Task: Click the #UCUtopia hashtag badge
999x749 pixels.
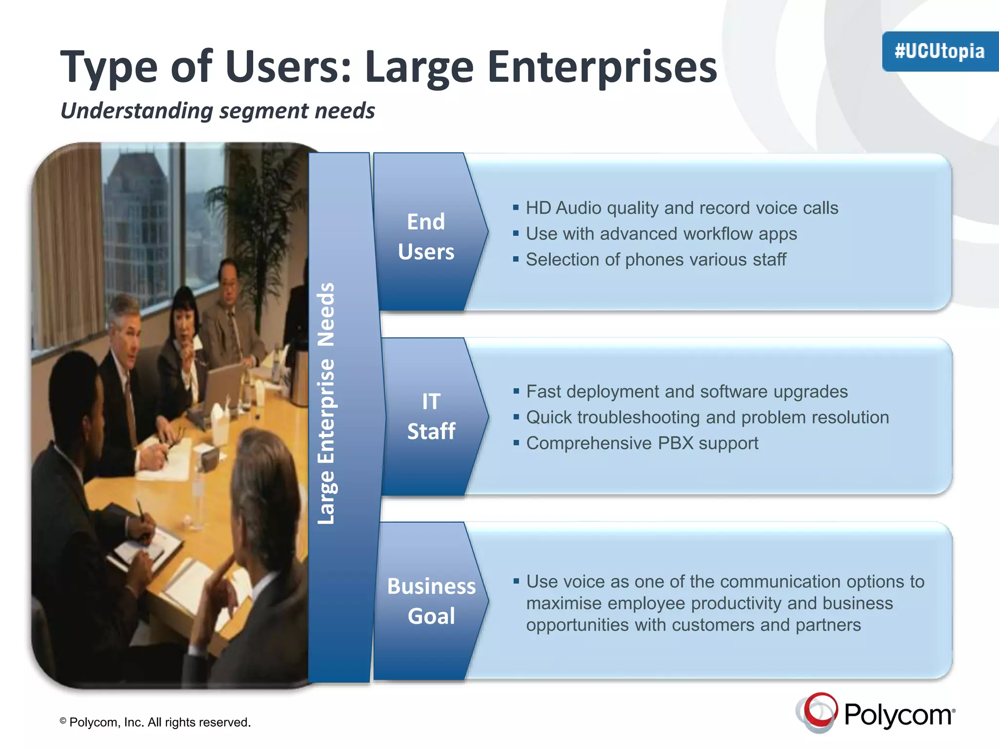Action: pyautogui.click(x=939, y=51)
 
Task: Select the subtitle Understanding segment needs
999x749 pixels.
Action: pyautogui.click(x=218, y=111)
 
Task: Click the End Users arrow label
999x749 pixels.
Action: pyautogui.click(x=426, y=237)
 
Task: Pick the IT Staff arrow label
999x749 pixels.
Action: pyautogui.click(x=431, y=416)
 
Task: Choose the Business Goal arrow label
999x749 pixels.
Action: pyautogui.click(x=431, y=601)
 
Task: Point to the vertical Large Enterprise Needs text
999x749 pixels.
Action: pyautogui.click(x=326, y=404)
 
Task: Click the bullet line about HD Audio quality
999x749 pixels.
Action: pyautogui.click(x=682, y=208)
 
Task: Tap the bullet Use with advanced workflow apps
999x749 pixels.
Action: pyautogui.click(x=661, y=234)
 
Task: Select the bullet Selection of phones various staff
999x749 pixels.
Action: pyautogui.click(x=656, y=260)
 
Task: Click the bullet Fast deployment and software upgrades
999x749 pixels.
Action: pyautogui.click(x=687, y=392)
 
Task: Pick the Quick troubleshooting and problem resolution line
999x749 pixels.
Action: pyautogui.click(x=707, y=417)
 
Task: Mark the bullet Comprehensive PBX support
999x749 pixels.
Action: pyautogui.click(x=642, y=443)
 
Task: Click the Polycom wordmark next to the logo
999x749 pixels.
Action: pyautogui.click(x=899, y=715)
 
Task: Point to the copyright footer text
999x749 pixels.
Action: pyautogui.click(x=155, y=722)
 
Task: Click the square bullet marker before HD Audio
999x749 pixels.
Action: pyautogui.click(x=516, y=208)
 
